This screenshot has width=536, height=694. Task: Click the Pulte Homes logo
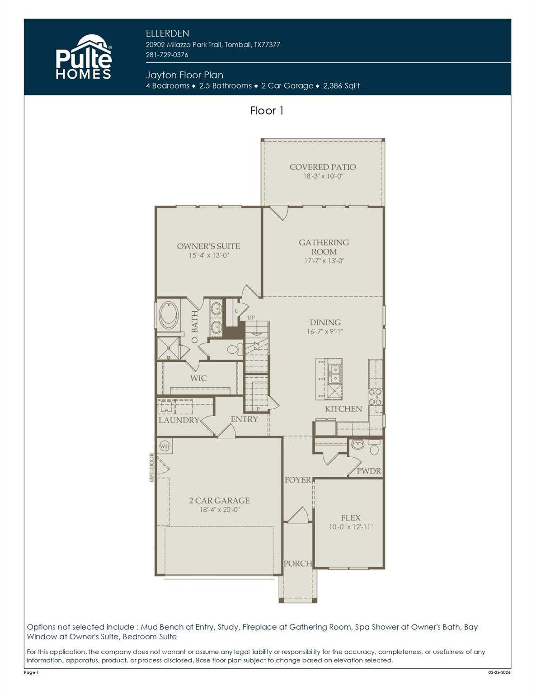coord(84,58)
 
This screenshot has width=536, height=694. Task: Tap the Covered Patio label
coord(323,167)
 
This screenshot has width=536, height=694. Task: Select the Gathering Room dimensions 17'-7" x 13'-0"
coord(324,261)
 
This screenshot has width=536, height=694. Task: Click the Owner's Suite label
coord(208,246)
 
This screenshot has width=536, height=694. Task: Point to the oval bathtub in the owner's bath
coord(169,315)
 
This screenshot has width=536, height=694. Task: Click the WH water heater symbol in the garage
coord(165,446)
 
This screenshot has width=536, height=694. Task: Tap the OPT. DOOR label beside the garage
coord(152,467)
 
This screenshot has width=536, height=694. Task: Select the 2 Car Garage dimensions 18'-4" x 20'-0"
coord(219,510)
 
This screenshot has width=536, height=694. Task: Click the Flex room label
coord(350,518)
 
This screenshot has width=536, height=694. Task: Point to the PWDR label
coord(369,471)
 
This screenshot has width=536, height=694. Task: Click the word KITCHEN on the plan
coord(343,409)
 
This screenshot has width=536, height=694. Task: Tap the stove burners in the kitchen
coord(375,397)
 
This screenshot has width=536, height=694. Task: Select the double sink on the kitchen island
coord(335,373)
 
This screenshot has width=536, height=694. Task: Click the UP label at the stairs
coord(251,318)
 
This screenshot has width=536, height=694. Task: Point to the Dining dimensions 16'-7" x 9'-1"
coord(325,332)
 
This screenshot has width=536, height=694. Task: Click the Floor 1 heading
coord(267,111)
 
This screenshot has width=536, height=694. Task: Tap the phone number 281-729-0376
coord(167,55)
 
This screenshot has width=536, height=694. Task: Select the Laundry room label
coord(179,420)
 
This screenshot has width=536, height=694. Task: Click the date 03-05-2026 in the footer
coord(499,673)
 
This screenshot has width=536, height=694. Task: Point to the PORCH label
coord(297,563)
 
